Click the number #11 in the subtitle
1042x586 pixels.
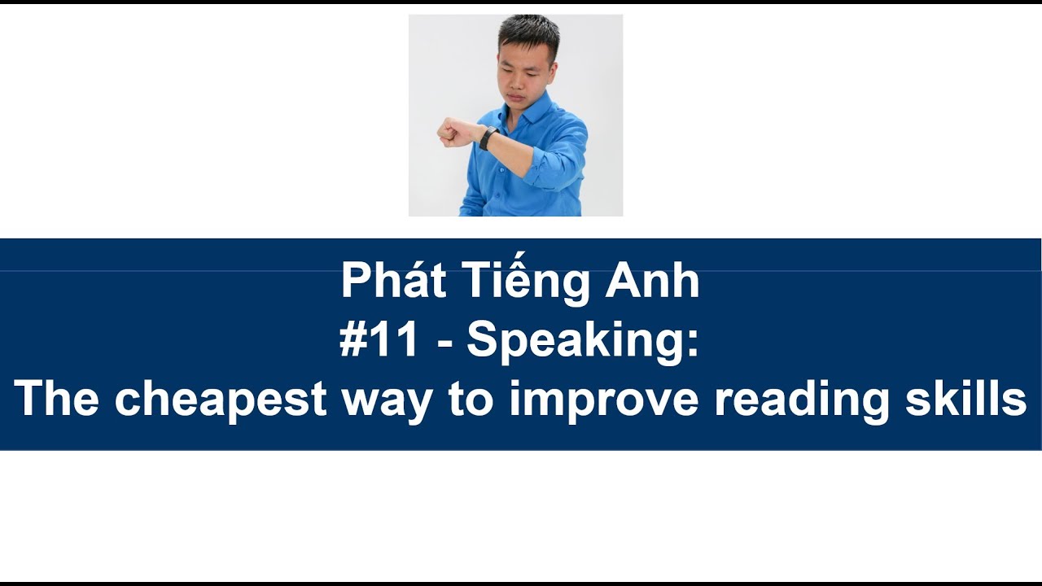(x=379, y=341)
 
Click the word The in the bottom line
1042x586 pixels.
(x=56, y=399)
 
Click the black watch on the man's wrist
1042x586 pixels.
(x=488, y=138)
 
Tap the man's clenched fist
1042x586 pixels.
(x=450, y=132)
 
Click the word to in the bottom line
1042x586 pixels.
(x=472, y=400)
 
